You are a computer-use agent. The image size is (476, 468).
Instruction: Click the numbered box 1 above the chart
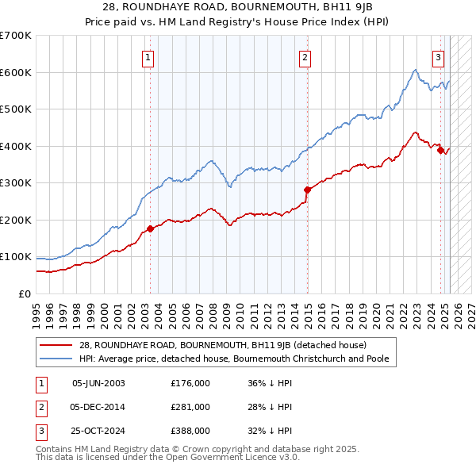(150, 56)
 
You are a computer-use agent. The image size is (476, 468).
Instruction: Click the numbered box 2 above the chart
(305, 56)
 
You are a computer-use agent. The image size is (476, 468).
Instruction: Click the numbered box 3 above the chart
(438, 56)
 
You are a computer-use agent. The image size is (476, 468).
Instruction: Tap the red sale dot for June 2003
(150, 229)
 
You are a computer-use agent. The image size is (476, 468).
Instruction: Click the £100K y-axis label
(16, 257)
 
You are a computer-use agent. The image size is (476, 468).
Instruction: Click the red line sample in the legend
(56, 346)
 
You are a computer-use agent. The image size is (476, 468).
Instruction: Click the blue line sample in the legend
(56, 358)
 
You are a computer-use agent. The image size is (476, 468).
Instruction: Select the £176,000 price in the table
(190, 382)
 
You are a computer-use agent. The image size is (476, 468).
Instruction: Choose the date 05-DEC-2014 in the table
(98, 407)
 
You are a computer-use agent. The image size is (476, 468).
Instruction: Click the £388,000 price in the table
(190, 432)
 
